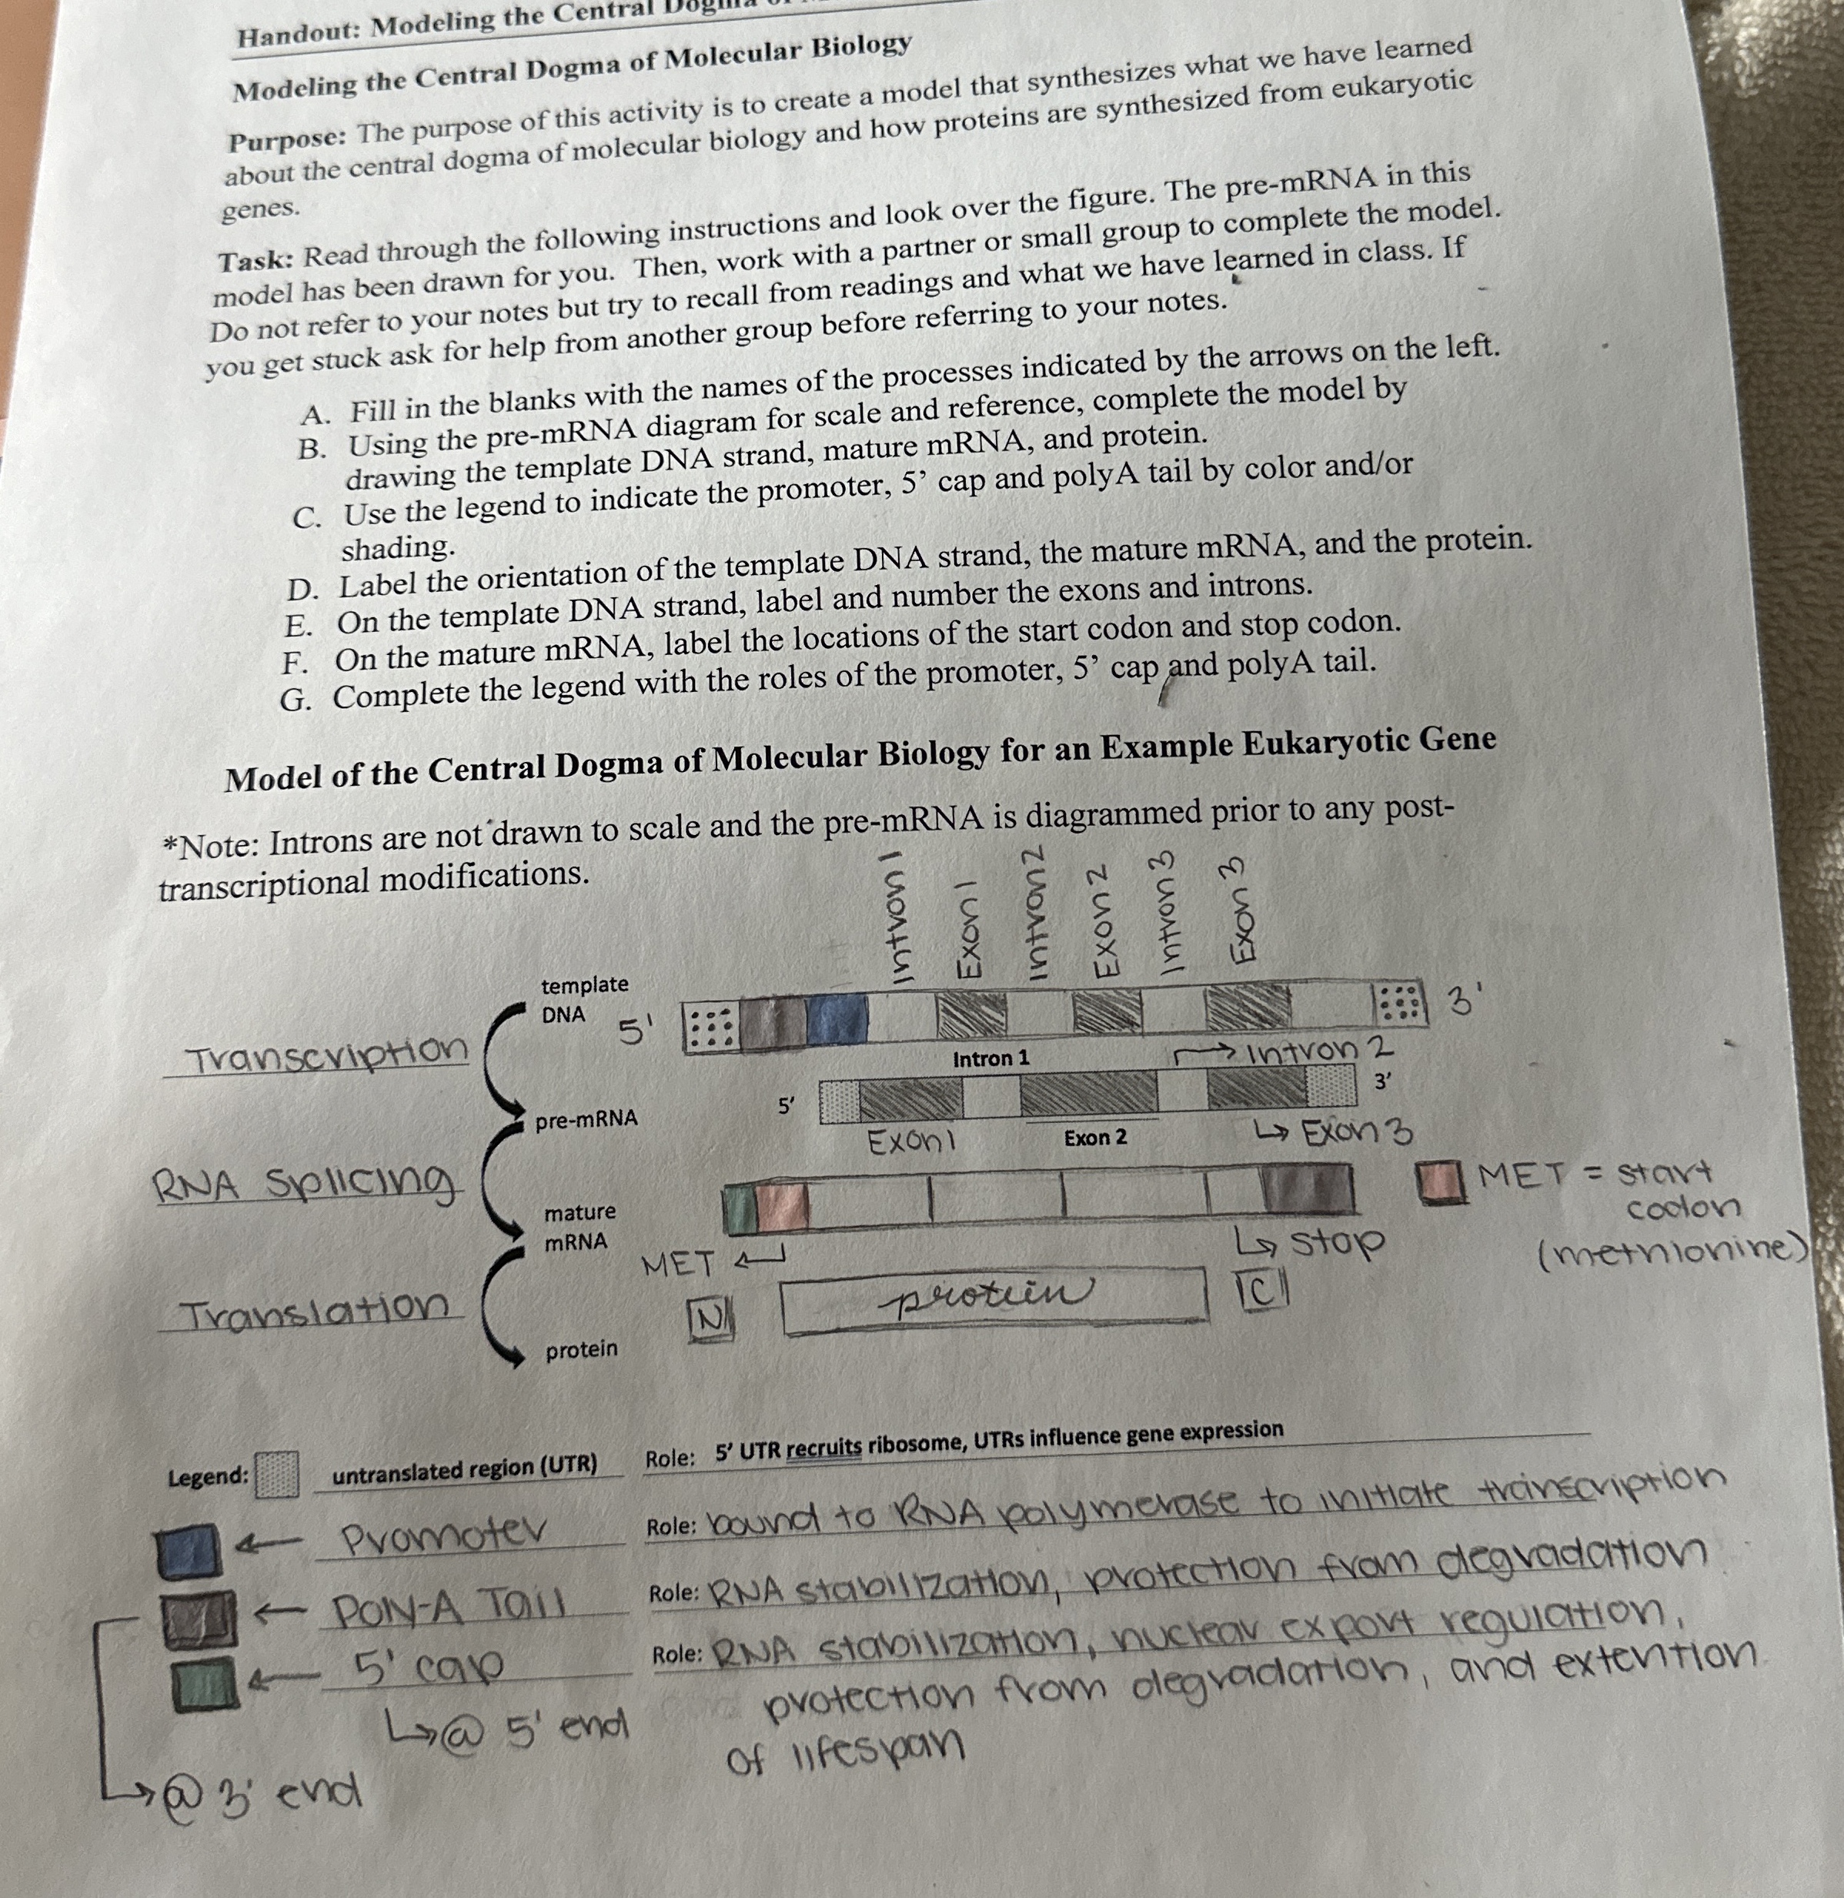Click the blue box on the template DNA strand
pyautogui.click(x=837, y=1020)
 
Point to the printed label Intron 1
pyautogui.click(x=990, y=1058)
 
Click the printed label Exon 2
pyautogui.click(x=1095, y=1137)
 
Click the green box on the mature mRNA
pyautogui.click(x=739, y=1211)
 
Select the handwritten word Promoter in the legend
pyautogui.click(x=443, y=1534)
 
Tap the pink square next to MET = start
pyautogui.click(x=1441, y=1182)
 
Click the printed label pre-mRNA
pyautogui.click(x=587, y=1119)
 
